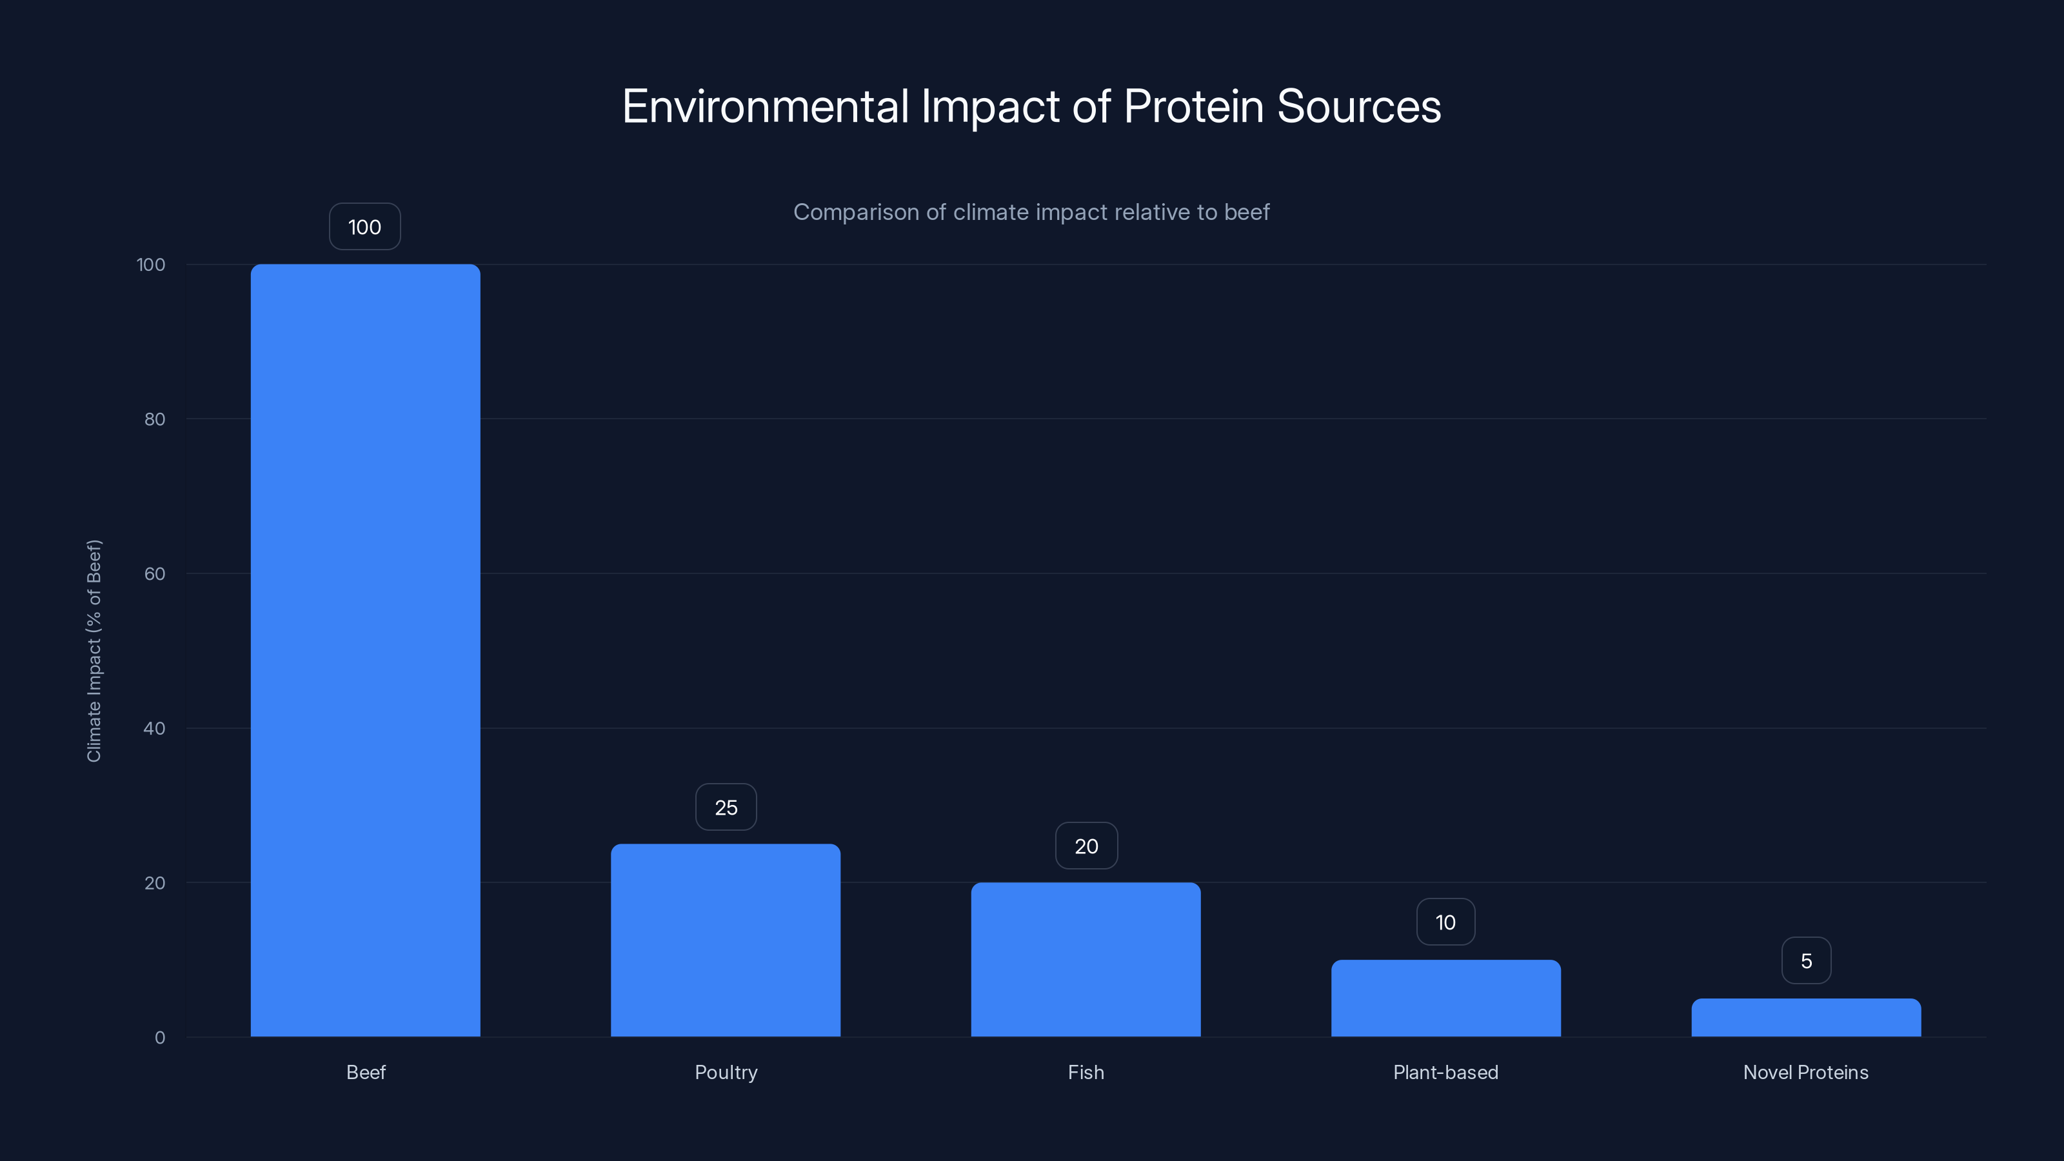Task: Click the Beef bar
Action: tap(365, 650)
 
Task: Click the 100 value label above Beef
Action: tap(364, 227)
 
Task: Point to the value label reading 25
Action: tap(726, 807)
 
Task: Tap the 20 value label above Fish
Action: tap(1086, 846)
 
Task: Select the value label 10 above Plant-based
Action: tap(1445, 922)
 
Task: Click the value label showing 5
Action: tap(1806, 960)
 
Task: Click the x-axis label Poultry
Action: tap(726, 1072)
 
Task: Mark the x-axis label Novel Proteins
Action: tap(1806, 1072)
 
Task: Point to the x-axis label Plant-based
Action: tap(1445, 1072)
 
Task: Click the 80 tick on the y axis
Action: tap(155, 419)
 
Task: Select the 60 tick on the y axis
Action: tap(155, 573)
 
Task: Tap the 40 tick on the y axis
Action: tap(155, 728)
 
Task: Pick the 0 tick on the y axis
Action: tap(159, 1038)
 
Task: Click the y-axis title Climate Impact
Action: tap(94, 651)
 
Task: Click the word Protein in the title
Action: tap(1194, 106)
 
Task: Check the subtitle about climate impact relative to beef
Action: tap(1031, 212)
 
